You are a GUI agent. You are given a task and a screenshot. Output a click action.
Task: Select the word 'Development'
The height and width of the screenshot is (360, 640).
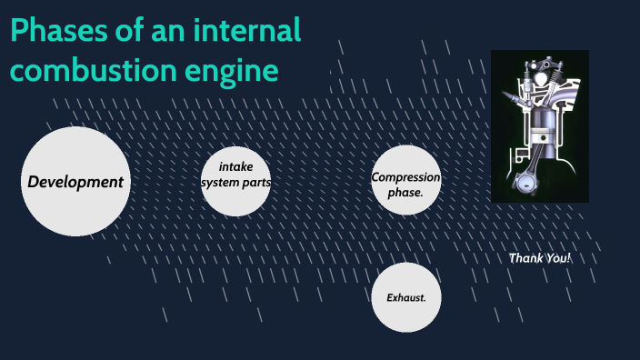coord(75,182)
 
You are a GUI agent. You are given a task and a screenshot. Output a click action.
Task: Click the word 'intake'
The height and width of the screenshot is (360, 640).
coord(235,166)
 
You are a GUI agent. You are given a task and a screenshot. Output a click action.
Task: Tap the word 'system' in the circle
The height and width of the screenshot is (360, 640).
coord(221,182)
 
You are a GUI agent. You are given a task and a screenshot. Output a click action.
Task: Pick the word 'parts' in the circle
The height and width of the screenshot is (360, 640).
coord(257,182)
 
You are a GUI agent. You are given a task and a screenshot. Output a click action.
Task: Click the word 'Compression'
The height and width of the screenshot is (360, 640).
coord(405,177)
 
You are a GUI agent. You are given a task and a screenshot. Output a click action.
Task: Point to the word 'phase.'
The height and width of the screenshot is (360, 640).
coord(405,193)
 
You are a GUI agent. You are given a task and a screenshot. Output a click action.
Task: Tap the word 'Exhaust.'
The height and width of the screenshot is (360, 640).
coord(405,297)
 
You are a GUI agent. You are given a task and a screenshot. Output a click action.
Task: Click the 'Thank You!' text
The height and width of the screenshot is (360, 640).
coord(540,258)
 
